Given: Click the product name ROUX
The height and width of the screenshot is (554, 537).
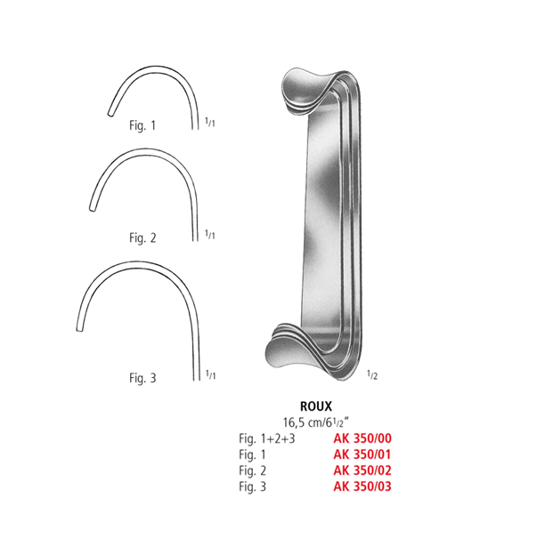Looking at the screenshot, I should point(316,405).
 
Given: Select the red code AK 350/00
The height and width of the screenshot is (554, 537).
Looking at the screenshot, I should point(362,439).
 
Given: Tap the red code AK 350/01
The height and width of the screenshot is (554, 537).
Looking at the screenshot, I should point(362,455).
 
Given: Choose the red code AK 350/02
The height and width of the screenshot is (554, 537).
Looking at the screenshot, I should point(362,471).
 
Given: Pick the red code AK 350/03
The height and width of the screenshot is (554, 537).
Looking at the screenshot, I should point(362,486).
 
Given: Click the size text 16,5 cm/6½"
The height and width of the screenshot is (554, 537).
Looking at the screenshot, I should point(316,422).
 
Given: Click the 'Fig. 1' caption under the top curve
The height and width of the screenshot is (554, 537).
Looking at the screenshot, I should point(142,125).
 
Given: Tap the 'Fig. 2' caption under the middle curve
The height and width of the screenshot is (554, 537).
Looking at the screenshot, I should point(142,237).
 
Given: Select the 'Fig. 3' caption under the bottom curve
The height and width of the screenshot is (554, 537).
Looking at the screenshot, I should point(142,378).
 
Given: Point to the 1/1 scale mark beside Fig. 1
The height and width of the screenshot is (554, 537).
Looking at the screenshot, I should point(209,124).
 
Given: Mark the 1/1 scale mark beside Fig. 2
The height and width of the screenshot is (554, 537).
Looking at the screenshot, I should point(209,235).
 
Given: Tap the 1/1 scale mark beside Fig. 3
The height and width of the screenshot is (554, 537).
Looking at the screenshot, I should point(209,375).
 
